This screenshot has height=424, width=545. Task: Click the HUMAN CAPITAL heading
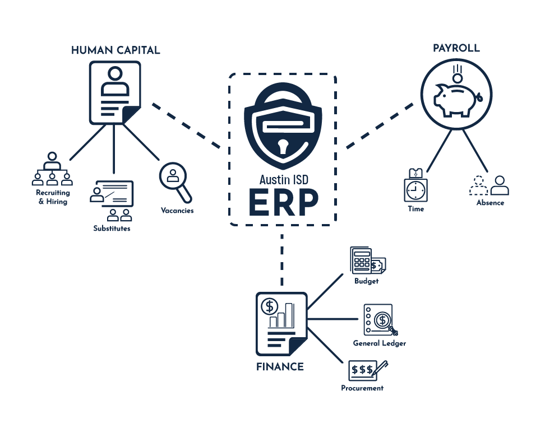tap(116, 50)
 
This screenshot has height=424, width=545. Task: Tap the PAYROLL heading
tap(456, 48)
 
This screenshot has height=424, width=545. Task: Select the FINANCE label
tap(280, 367)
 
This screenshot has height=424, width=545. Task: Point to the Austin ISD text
tap(283, 179)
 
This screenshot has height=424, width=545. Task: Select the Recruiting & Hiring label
tap(53, 197)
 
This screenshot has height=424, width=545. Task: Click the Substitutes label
tap(112, 228)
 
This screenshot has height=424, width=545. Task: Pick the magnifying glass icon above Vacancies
tap(175, 180)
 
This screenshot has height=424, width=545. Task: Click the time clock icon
tap(415, 187)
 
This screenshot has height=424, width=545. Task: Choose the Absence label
tap(490, 203)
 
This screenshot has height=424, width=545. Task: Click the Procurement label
tap(362, 388)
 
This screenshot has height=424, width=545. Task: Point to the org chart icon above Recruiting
tap(52, 169)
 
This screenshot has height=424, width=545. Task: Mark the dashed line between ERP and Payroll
tap(381, 126)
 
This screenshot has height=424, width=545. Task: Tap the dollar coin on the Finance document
tap(270, 306)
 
